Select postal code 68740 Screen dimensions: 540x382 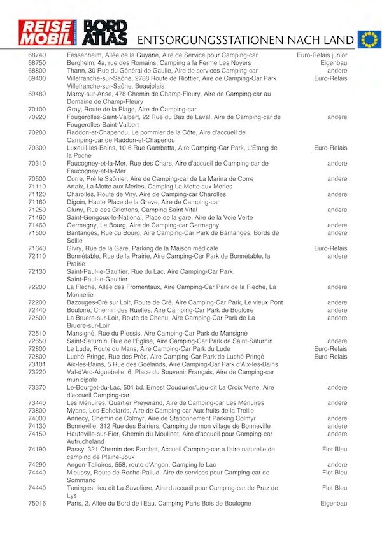click(x=37, y=55)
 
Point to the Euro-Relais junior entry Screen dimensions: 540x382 click(x=322, y=55)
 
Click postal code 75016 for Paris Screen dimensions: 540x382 click(x=37, y=504)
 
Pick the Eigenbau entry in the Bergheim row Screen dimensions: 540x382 click(x=334, y=63)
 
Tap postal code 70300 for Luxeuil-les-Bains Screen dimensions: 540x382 click(x=37, y=148)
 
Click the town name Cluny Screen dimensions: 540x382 click(x=76, y=210)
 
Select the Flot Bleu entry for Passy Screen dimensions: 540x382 click(x=334, y=450)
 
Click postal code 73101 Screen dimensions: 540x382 click(x=37, y=364)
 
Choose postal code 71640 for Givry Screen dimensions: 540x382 click(x=37, y=248)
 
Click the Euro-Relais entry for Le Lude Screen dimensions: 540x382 click(x=330, y=349)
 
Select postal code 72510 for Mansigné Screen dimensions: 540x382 click(x=37, y=333)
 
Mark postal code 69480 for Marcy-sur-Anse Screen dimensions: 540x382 click(x=37, y=94)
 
